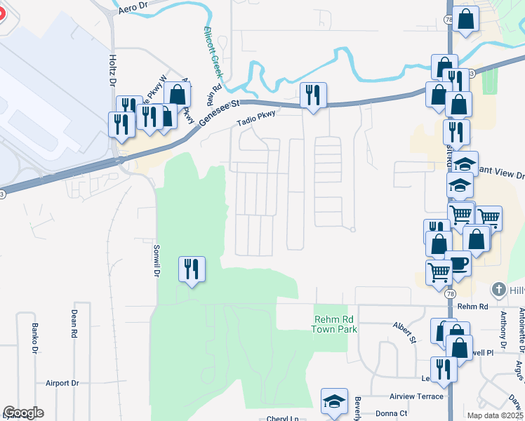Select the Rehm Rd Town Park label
coord(331,323)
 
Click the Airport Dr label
coord(62,383)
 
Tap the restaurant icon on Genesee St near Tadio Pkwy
coord(312,94)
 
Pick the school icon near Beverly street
coord(334,401)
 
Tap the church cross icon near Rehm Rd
coord(498,289)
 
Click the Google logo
coord(23,413)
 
